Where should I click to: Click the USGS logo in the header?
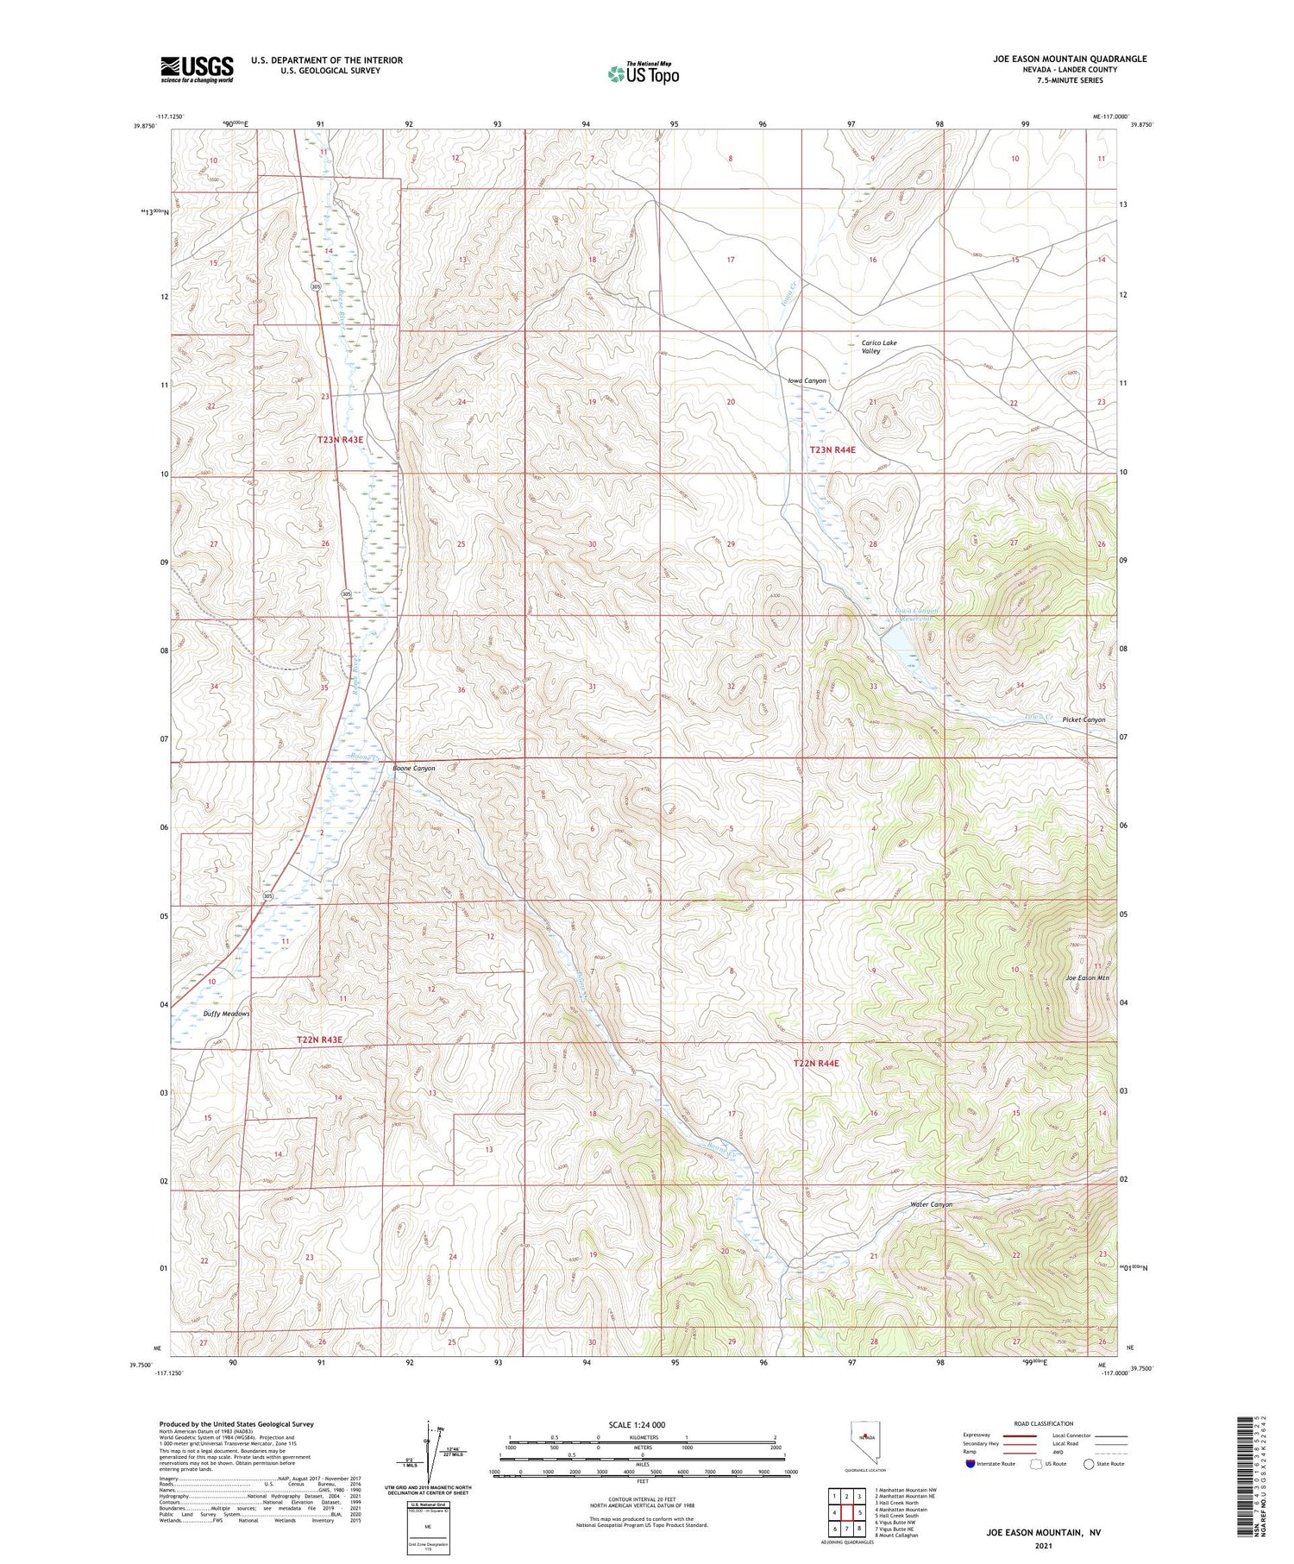point(197,69)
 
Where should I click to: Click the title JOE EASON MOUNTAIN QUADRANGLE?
point(1069,59)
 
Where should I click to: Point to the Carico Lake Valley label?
point(878,347)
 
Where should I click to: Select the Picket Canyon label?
point(1084,719)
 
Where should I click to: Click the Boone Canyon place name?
point(413,768)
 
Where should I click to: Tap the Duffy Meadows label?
point(226,1014)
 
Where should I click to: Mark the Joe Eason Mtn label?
point(1087,977)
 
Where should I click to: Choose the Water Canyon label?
point(931,1204)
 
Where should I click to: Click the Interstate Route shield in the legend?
point(970,1464)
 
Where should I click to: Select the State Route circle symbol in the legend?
point(1089,1464)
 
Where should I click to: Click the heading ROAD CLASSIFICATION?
point(1043,1423)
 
